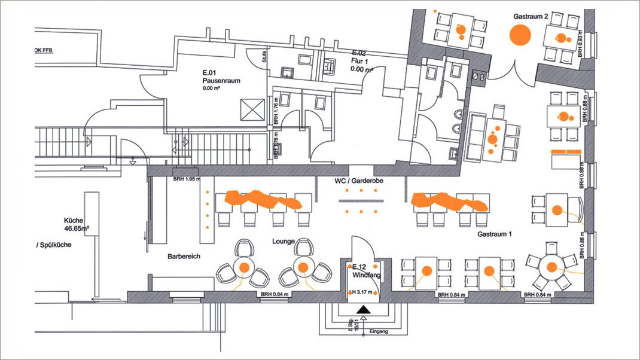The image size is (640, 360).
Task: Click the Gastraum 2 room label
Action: (x=531, y=17)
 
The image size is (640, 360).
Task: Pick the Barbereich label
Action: (x=184, y=256)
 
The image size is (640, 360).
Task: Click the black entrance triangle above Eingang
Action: (x=363, y=310)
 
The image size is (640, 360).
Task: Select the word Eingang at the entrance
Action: (x=379, y=330)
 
